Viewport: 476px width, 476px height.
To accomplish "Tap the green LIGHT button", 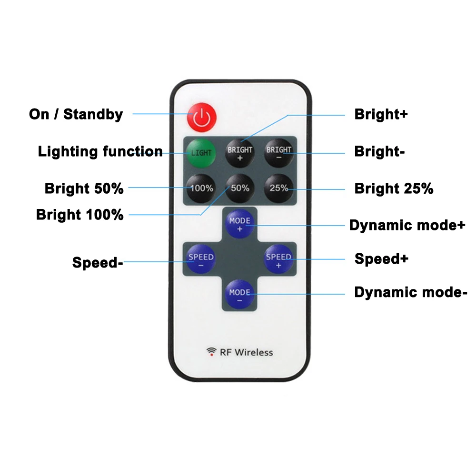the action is click(x=201, y=153).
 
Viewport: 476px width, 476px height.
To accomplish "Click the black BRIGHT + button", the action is click(x=240, y=153).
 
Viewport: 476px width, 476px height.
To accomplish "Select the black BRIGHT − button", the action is click(x=278, y=153).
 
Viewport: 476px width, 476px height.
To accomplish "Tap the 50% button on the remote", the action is click(x=240, y=188).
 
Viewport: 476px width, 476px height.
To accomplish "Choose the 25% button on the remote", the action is click(x=278, y=188).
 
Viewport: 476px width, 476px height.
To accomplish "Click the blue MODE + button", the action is click(x=240, y=224).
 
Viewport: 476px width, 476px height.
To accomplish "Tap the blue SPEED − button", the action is click(x=201, y=259).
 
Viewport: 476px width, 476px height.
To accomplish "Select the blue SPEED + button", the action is click(x=278, y=259).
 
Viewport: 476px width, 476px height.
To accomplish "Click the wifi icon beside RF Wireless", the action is click(x=211, y=352).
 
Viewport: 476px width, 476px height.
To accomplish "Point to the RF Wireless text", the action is click(x=246, y=352).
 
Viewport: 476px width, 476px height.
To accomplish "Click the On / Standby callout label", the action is click(x=76, y=114).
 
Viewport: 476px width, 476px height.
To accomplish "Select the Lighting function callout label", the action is click(x=100, y=151).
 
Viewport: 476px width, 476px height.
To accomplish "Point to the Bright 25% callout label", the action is click(x=394, y=188).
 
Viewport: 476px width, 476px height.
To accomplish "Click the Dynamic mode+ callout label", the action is click(x=407, y=225).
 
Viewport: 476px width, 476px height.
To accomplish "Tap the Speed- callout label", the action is click(x=98, y=262).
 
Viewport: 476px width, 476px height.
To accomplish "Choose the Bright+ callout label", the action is click(x=381, y=114).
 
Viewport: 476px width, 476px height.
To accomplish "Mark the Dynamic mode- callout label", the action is click(x=411, y=292).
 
